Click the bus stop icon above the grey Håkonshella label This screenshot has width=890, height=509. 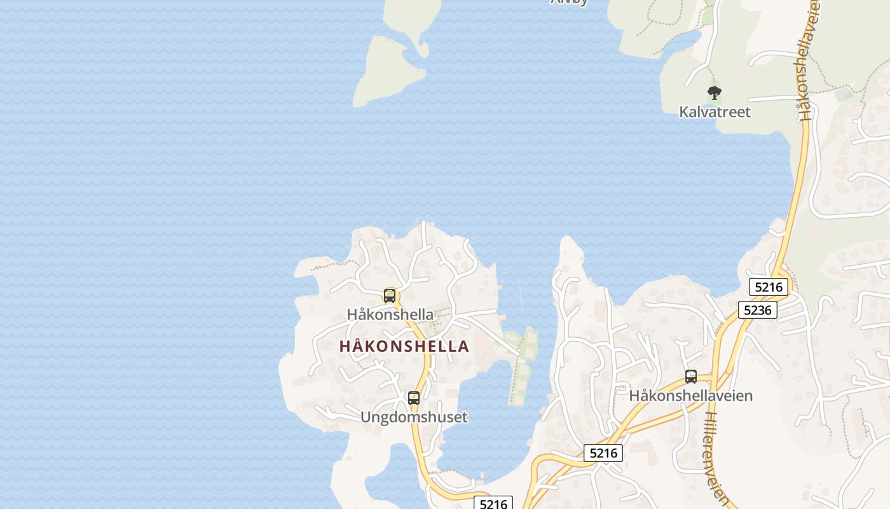click(x=389, y=296)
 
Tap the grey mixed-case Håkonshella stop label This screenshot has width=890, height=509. click(x=390, y=314)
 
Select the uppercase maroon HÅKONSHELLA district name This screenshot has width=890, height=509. click(x=404, y=347)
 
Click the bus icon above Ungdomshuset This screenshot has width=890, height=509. click(x=414, y=398)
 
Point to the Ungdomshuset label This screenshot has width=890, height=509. click(x=414, y=417)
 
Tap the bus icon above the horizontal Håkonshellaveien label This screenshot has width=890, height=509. click(x=691, y=377)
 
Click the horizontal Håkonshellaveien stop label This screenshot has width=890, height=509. click(x=691, y=396)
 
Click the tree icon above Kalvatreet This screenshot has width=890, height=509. click(x=715, y=93)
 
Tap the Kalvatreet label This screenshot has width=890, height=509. click(x=715, y=112)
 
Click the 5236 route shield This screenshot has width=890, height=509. click(x=757, y=310)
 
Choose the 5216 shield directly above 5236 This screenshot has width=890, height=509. click(x=769, y=287)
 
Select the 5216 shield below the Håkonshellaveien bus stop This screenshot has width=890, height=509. click(x=603, y=453)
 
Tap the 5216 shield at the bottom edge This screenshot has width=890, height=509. click(x=493, y=504)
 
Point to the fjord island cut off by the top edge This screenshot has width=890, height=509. click(x=414, y=19)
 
